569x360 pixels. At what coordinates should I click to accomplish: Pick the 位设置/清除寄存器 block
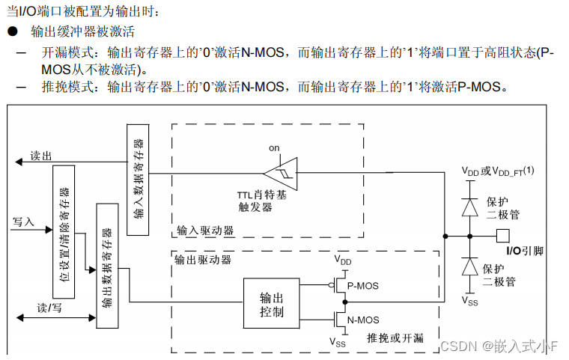(x=64, y=232)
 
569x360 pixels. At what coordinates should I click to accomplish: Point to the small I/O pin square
(x=502, y=236)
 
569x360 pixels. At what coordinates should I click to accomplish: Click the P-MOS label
(x=364, y=285)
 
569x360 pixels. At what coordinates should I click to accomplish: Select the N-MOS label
(x=364, y=320)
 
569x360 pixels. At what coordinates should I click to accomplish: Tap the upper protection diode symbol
(x=469, y=207)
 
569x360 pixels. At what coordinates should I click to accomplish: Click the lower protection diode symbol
(x=469, y=267)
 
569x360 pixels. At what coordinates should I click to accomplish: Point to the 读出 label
(x=41, y=156)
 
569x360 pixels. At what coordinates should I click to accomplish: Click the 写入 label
(x=24, y=222)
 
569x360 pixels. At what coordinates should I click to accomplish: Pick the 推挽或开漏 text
(x=395, y=338)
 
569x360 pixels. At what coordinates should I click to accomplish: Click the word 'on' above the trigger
(x=274, y=148)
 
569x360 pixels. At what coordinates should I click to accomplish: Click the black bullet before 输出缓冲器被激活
(x=12, y=31)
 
